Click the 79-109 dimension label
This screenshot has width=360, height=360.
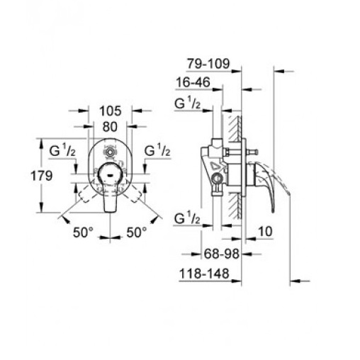coord(208,64)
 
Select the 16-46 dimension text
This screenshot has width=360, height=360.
coord(193,82)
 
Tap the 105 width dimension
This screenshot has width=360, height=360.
coord(111,111)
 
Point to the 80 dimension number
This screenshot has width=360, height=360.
coord(110,127)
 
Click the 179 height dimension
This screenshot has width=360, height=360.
coord(42,176)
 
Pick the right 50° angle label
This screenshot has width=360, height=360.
coord(137,232)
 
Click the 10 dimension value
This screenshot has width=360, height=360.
coord(266,232)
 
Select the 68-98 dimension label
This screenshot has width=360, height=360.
coord(222,254)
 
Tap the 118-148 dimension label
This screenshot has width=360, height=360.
coord(204,274)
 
